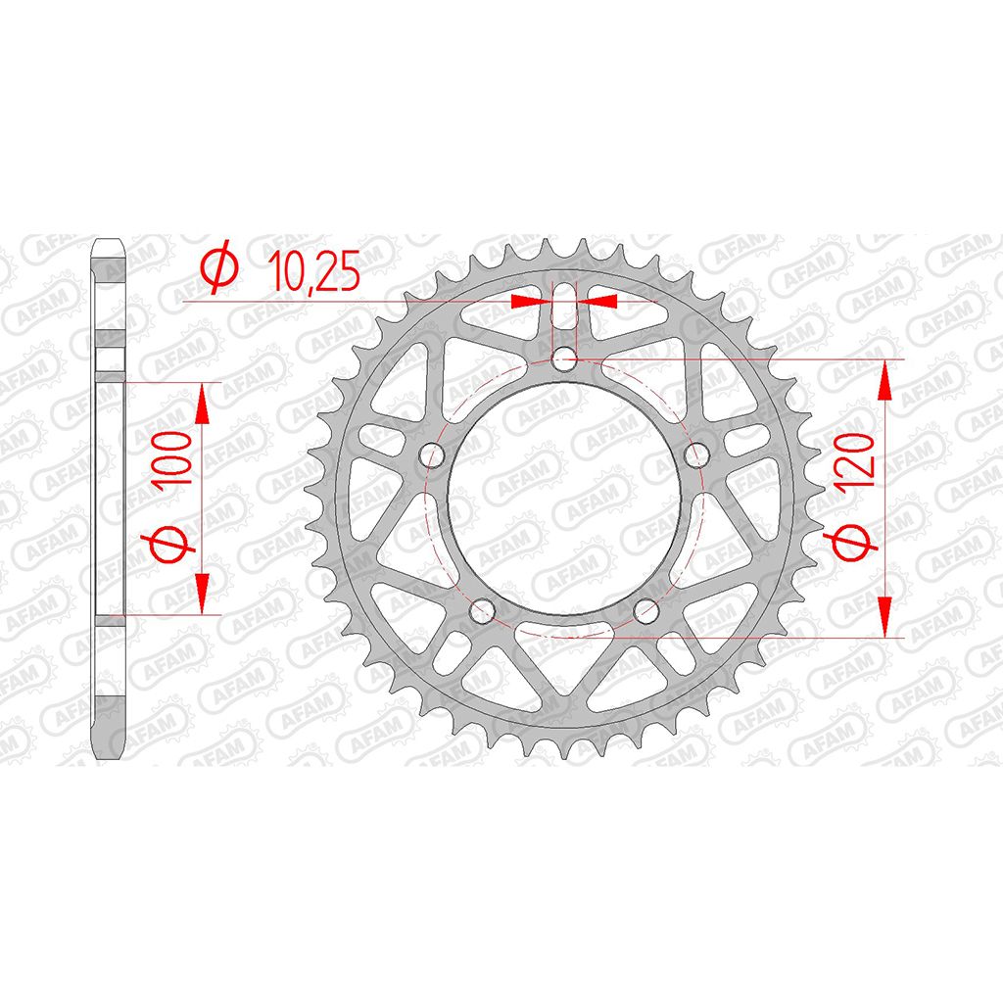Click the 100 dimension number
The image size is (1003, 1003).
[172, 458]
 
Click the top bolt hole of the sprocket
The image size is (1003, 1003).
[564, 358]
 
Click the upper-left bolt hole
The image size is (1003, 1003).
[431, 455]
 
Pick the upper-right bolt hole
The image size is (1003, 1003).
[697, 455]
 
